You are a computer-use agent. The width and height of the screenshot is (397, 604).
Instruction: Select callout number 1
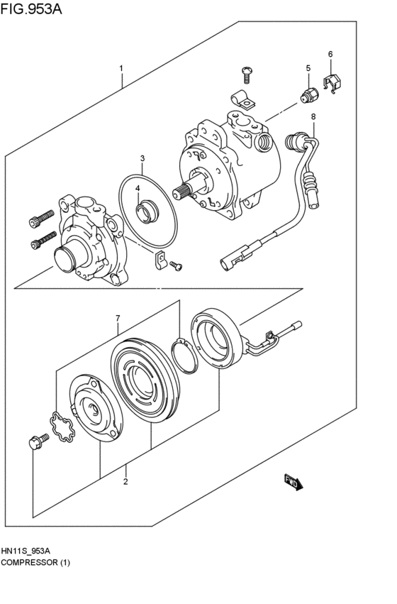click(x=121, y=69)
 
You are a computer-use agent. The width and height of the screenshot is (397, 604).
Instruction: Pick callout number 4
click(x=138, y=188)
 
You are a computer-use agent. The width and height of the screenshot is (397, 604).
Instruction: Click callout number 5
click(x=308, y=68)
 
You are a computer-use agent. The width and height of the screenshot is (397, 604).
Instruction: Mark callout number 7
click(x=118, y=318)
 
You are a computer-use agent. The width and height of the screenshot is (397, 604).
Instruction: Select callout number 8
click(x=313, y=116)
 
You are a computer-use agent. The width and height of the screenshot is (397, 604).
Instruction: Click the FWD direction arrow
click(x=293, y=482)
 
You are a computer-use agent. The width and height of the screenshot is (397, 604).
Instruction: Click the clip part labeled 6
click(x=331, y=83)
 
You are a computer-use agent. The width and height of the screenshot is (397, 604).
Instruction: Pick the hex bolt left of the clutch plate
click(x=35, y=444)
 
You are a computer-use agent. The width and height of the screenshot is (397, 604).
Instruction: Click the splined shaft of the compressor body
click(x=191, y=190)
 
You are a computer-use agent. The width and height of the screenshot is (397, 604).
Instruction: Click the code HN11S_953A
click(x=30, y=551)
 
